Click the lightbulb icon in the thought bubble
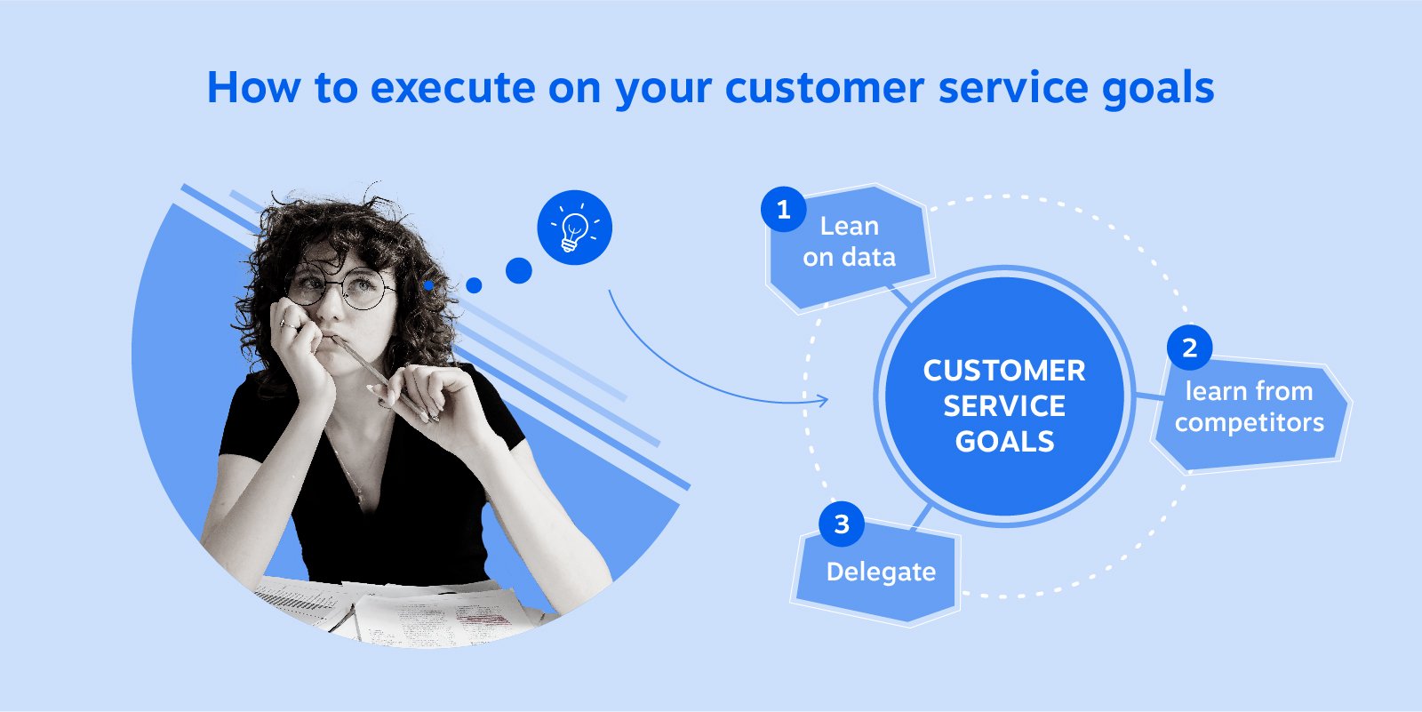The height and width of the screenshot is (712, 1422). (574, 228)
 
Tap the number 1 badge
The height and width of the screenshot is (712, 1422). (783, 210)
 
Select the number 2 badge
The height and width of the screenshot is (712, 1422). (1189, 348)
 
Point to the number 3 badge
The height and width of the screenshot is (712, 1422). (841, 524)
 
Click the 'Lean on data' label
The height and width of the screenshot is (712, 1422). (849, 242)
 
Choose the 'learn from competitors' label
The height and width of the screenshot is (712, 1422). (1249, 407)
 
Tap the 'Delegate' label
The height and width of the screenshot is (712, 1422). (881, 572)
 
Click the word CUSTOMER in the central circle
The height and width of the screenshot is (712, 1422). (1004, 371)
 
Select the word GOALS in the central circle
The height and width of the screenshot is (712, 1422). (1004, 442)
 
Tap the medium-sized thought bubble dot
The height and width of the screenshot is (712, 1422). (474, 285)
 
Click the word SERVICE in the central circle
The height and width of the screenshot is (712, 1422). (1004, 406)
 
